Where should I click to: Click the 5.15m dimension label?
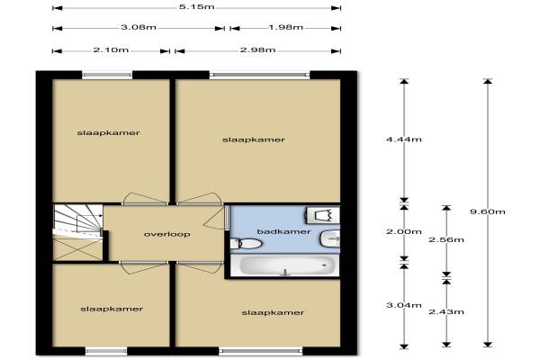196,7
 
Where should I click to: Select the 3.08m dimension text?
139,27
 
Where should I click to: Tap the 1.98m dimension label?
285,27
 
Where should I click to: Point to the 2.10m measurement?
111,50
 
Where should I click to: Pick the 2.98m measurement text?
257,50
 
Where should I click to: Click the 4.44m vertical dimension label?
404,139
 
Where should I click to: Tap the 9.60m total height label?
488,211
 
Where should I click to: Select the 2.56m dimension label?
446,239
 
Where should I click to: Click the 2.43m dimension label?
446,311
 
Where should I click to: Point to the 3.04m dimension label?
404,305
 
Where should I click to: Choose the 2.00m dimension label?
404,231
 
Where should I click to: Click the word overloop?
167,234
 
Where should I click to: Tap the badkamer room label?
284,231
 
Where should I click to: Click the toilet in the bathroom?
246,244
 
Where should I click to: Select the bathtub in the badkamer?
284,265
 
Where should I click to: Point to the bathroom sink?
330,238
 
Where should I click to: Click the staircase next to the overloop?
78,232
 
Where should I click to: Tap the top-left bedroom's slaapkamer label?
109,133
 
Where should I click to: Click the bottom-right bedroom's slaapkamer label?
273,313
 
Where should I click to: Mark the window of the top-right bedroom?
260,75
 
